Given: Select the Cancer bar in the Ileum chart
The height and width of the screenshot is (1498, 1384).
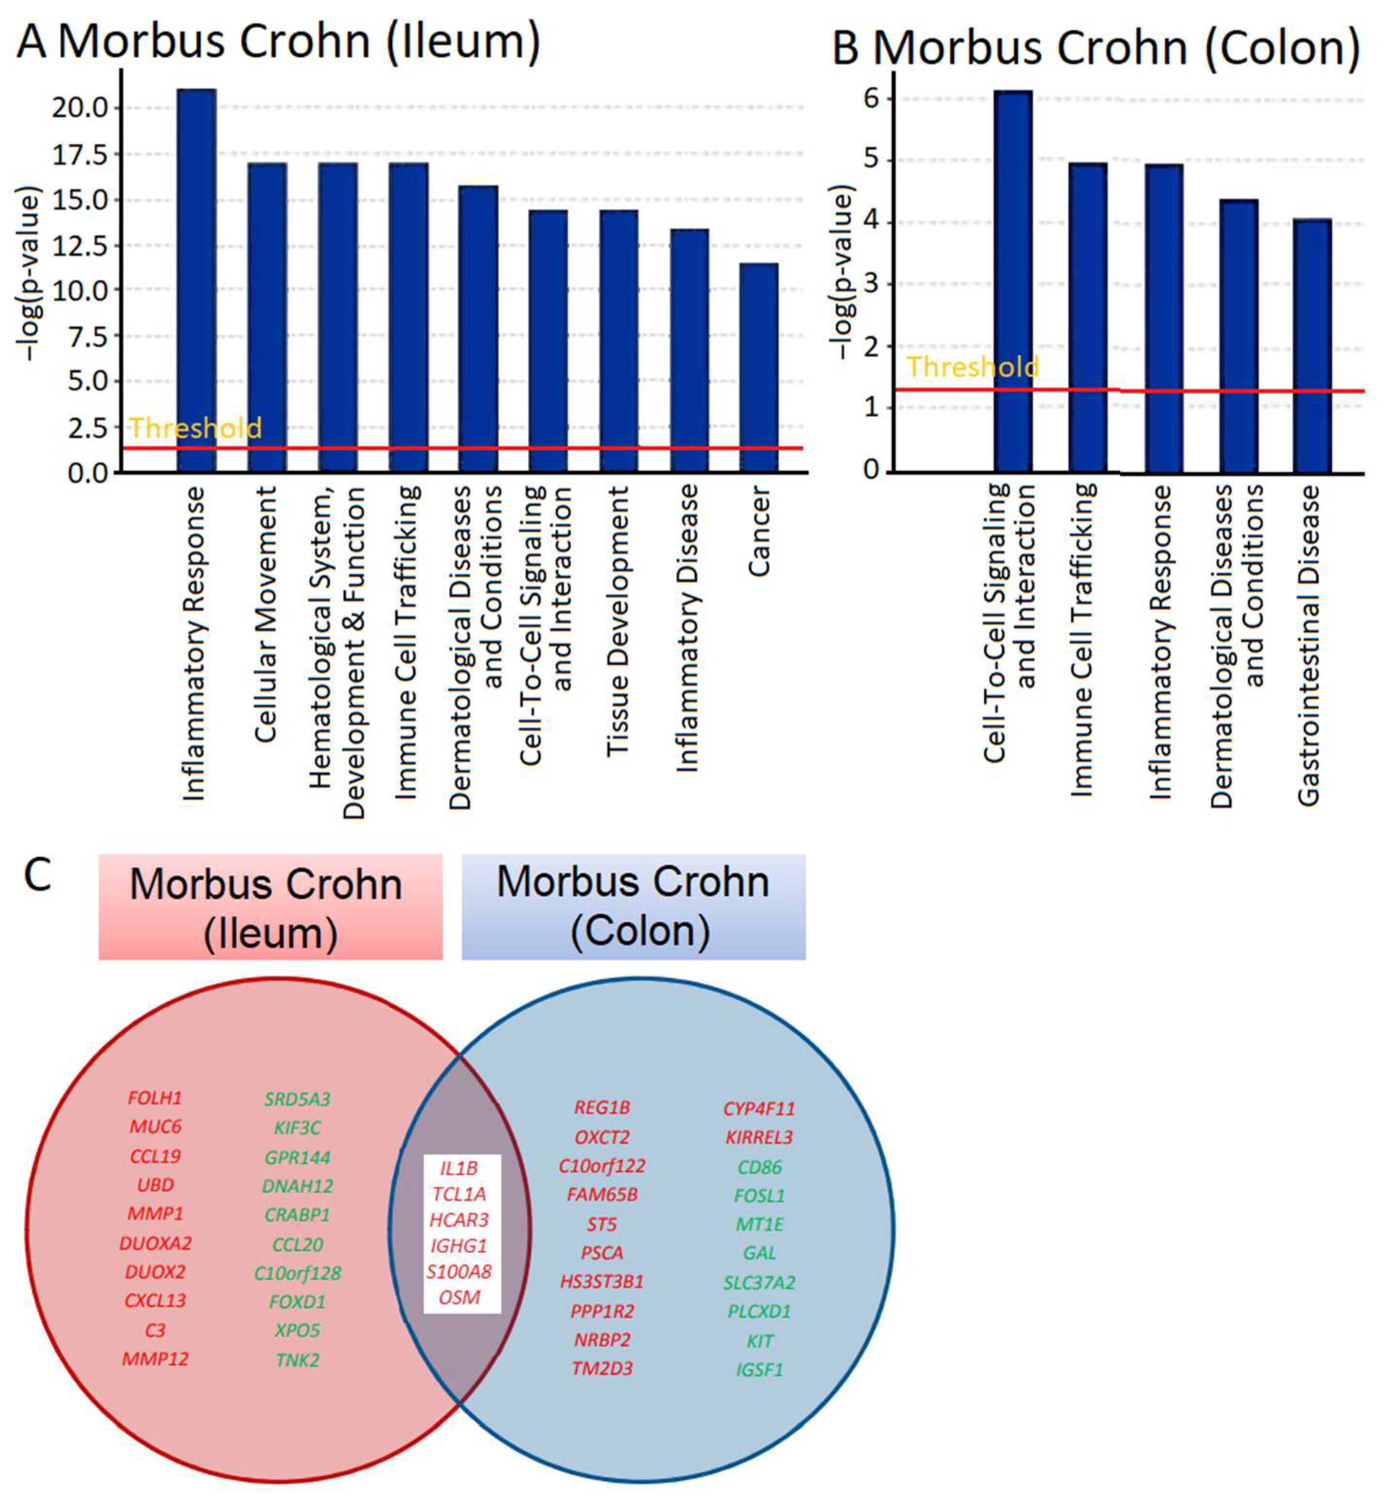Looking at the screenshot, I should pyautogui.click(x=758, y=367).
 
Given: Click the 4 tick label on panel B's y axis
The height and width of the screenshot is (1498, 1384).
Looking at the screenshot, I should pyautogui.click(x=870, y=223).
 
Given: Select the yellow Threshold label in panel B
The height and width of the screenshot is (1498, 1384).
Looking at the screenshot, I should pyautogui.click(x=972, y=367).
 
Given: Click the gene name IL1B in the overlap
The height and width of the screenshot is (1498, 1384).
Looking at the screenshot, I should pyautogui.click(x=459, y=1168).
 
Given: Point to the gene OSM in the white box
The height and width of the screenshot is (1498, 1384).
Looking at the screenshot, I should pyautogui.click(x=459, y=1297).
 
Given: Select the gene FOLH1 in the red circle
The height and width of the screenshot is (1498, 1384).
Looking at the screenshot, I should pyautogui.click(x=155, y=1098).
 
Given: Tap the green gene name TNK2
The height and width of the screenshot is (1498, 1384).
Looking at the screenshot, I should pyautogui.click(x=297, y=1359).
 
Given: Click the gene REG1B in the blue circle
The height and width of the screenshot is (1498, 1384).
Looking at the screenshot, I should pyautogui.click(x=602, y=1107).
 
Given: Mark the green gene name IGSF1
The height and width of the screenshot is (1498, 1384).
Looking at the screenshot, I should pyautogui.click(x=759, y=1370).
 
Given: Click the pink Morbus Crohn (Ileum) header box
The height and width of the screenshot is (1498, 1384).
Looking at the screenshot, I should pyautogui.click(x=271, y=907).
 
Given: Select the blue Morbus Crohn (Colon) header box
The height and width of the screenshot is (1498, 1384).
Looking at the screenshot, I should pyautogui.click(x=634, y=907).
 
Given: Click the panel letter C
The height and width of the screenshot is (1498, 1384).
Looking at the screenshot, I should pyautogui.click(x=37, y=875).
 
